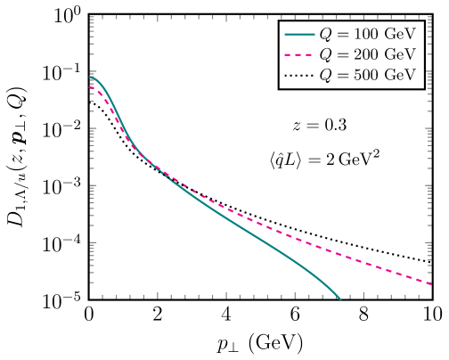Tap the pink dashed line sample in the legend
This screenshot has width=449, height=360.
coord(298,55)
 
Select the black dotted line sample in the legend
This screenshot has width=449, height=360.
coord(298,75)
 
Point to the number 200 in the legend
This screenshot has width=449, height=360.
coord(363,55)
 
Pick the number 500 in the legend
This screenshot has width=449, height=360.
coord(363,75)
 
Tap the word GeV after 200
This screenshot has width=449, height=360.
coord(401,55)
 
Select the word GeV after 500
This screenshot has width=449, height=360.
coord(401,75)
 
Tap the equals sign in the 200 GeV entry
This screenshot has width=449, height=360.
coord(340,55)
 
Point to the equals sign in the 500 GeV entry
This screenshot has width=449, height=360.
coord(340,75)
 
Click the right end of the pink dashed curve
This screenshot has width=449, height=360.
coord(431,284)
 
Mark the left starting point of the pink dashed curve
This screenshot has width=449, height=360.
coord(91,87)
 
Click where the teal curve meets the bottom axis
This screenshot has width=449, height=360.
coord(340,299)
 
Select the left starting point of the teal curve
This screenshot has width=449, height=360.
coord(91,78)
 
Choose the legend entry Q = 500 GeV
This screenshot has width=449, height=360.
coord(351,75)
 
